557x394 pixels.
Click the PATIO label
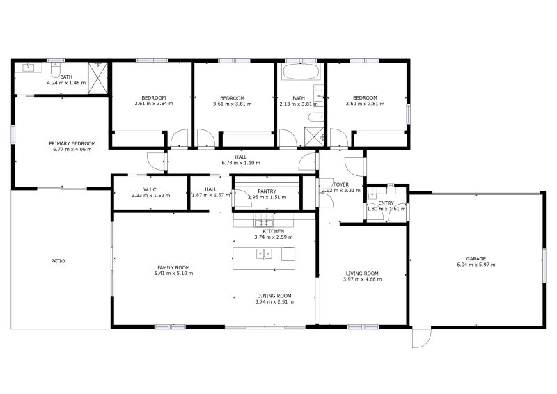click(58, 261)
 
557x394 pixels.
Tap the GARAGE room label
click(476, 259)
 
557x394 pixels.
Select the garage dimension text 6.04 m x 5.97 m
click(476, 265)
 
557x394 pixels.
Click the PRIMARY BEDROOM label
click(72, 143)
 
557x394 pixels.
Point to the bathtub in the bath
click(301, 72)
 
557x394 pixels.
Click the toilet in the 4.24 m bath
click(56, 70)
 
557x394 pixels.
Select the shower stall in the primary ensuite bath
click(97, 79)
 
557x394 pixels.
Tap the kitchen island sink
click(264, 254)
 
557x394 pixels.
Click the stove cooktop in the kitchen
click(264, 221)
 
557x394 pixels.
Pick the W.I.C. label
click(150, 189)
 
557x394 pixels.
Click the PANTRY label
click(267, 191)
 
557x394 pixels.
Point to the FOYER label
click(341, 184)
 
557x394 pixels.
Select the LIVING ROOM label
click(362, 274)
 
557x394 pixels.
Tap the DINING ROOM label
click(274, 296)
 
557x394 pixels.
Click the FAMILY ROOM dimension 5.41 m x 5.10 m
click(173, 274)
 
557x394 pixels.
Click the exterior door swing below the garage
click(422, 337)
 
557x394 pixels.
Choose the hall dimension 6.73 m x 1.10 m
click(241, 163)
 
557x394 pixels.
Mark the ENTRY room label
click(386, 203)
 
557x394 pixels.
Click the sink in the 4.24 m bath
click(28, 67)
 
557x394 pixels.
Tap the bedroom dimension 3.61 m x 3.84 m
click(154, 104)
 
